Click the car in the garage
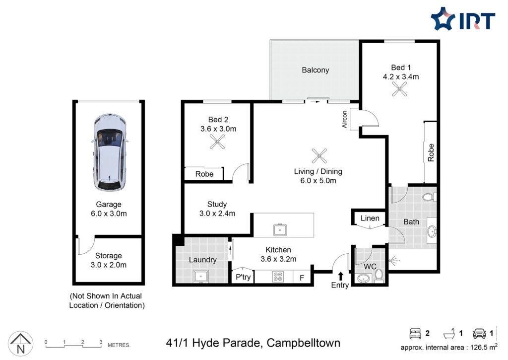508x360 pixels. [109, 152]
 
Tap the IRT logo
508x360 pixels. [463, 19]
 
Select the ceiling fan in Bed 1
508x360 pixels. [399, 89]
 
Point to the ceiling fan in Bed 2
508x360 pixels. [217, 142]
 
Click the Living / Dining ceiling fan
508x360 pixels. [319, 156]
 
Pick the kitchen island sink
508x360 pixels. [280, 229]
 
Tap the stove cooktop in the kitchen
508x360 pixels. [278, 277]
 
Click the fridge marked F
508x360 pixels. [302, 278]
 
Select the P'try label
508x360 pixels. [243, 277]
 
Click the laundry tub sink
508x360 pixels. [201, 277]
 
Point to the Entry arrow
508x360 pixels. [340, 276]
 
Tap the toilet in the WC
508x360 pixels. [379, 275]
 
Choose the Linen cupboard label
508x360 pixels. [370, 218]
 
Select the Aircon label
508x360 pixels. [345, 119]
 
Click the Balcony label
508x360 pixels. [315, 70]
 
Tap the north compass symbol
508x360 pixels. [20, 343]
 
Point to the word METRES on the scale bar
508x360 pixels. [119, 346]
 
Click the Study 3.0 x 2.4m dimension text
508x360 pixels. [217, 214]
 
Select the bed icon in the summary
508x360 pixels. [415, 333]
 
